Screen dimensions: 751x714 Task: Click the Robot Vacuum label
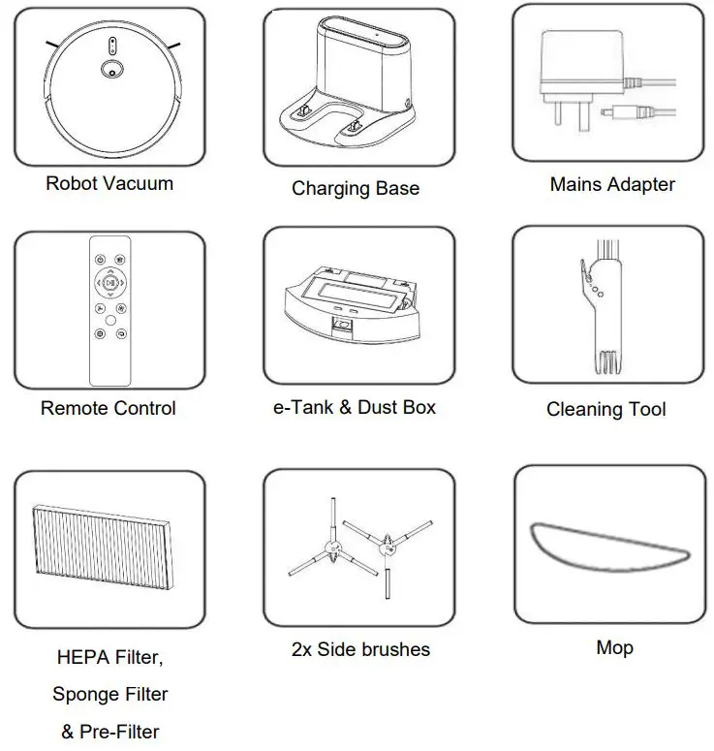point(109,182)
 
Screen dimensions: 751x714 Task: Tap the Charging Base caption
point(356,188)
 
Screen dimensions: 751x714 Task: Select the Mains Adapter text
point(612,183)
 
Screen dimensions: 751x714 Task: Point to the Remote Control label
point(109,408)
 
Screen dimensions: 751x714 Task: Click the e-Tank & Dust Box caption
point(354,407)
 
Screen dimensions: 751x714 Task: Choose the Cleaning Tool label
point(606,409)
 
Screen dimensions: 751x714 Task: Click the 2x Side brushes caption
point(360,648)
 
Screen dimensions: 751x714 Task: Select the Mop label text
point(614,646)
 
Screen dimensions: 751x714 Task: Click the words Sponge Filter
point(109,694)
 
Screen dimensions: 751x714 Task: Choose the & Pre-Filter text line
point(109,731)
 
